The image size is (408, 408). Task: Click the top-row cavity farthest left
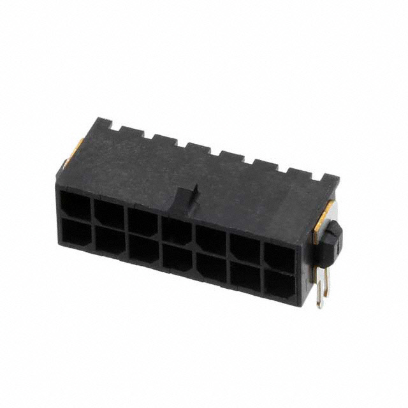tap(76, 205)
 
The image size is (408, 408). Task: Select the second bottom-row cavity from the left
tap(110, 240)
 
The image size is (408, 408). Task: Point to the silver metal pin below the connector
tap(322, 291)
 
